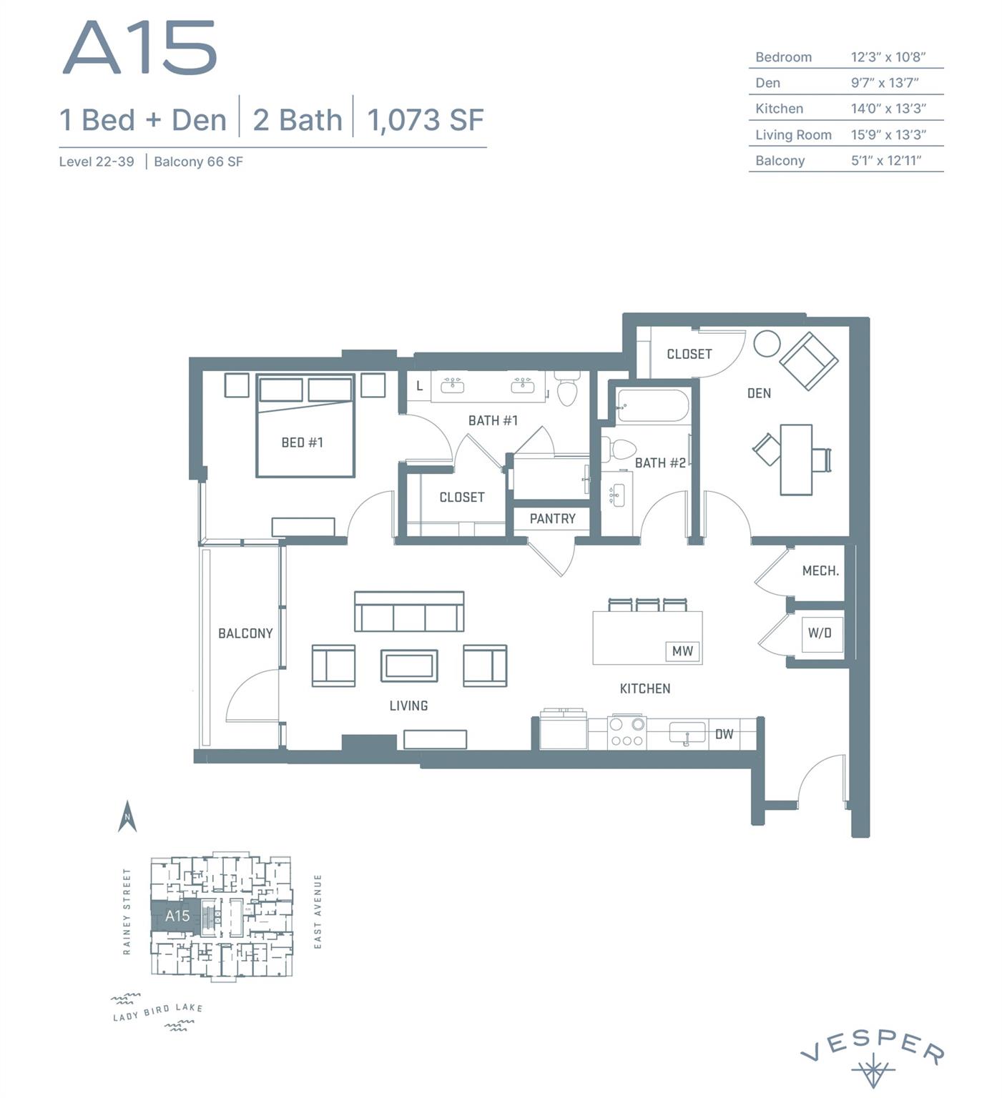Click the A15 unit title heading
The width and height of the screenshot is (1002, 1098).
pyautogui.click(x=140, y=48)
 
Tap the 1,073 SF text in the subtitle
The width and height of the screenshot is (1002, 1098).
pyautogui.click(x=425, y=120)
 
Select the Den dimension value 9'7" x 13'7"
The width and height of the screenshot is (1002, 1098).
pyautogui.click(x=884, y=83)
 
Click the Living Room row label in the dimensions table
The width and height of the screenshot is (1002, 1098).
pyautogui.click(x=793, y=134)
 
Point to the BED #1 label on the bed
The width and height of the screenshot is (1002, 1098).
pyautogui.click(x=302, y=442)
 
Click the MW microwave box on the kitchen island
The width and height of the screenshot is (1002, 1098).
pyautogui.click(x=682, y=651)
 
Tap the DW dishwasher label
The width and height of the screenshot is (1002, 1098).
pyautogui.click(x=724, y=734)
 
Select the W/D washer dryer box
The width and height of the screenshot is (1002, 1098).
pyautogui.click(x=819, y=633)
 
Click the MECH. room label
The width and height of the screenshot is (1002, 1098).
pyautogui.click(x=820, y=570)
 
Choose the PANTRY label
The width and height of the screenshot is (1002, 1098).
pyautogui.click(x=552, y=518)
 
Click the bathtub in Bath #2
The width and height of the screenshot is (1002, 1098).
pyautogui.click(x=652, y=406)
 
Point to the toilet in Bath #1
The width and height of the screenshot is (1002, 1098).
pyautogui.click(x=567, y=390)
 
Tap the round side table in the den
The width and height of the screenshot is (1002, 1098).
pyautogui.click(x=767, y=344)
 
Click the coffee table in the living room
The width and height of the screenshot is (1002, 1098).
pyautogui.click(x=408, y=666)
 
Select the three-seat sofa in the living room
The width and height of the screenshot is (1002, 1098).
pyautogui.click(x=409, y=613)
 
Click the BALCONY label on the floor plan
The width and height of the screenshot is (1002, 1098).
pyautogui.click(x=245, y=633)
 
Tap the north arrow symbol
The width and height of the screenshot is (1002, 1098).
pyautogui.click(x=127, y=816)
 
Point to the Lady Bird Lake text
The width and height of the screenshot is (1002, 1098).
pyautogui.click(x=158, y=1012)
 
